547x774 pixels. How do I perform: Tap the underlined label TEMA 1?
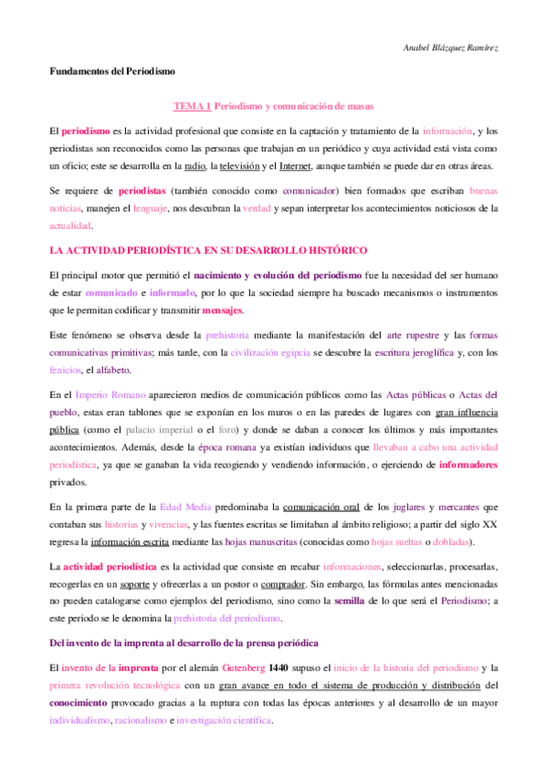coord(193,108)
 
